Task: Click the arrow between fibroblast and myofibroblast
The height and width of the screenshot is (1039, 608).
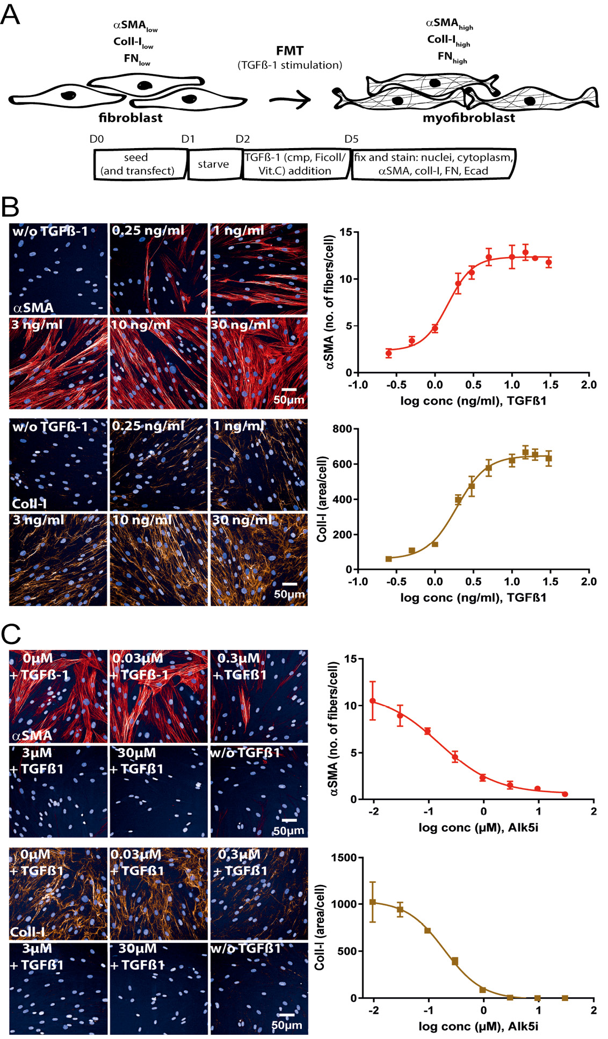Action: click(x=290, y=99)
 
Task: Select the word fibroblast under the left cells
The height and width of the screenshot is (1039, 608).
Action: click(x=131, y=118)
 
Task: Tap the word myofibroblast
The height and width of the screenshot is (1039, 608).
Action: click(x=468, y=118)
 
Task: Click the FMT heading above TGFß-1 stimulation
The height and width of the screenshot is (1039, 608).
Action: click(x=289, y=51)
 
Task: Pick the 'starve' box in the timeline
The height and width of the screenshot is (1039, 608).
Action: click(x=213, y=164)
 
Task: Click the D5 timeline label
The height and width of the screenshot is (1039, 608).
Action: click(x=351, y=139)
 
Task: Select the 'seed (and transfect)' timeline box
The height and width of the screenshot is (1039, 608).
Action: click(x=137, y=164)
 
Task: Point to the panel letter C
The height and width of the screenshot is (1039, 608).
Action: click(x=11, y=634)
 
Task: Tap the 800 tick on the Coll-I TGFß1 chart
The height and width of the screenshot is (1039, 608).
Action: click(x=342, y=429)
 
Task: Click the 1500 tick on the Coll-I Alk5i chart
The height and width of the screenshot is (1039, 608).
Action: click(x=344, y=858)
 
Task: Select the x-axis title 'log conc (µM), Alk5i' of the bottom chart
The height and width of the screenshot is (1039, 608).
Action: click(x=478, y=1026)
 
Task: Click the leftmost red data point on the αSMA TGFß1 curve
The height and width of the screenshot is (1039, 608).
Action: click(x=389, y=353)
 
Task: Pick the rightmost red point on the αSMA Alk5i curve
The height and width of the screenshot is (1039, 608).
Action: click(x=564, y=794)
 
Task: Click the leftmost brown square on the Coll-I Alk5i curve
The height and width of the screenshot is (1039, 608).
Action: click(x=373, y=903)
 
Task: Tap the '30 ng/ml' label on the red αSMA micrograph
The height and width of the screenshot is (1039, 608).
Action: click(x=240, y=325)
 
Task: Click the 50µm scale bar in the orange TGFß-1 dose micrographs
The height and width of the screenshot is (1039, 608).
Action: click(x=289, y=584)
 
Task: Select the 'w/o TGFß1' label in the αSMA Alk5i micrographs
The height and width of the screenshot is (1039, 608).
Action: click(x=245, y=752)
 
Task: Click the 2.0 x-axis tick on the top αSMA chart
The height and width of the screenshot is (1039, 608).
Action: click(x=589, y=384)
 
